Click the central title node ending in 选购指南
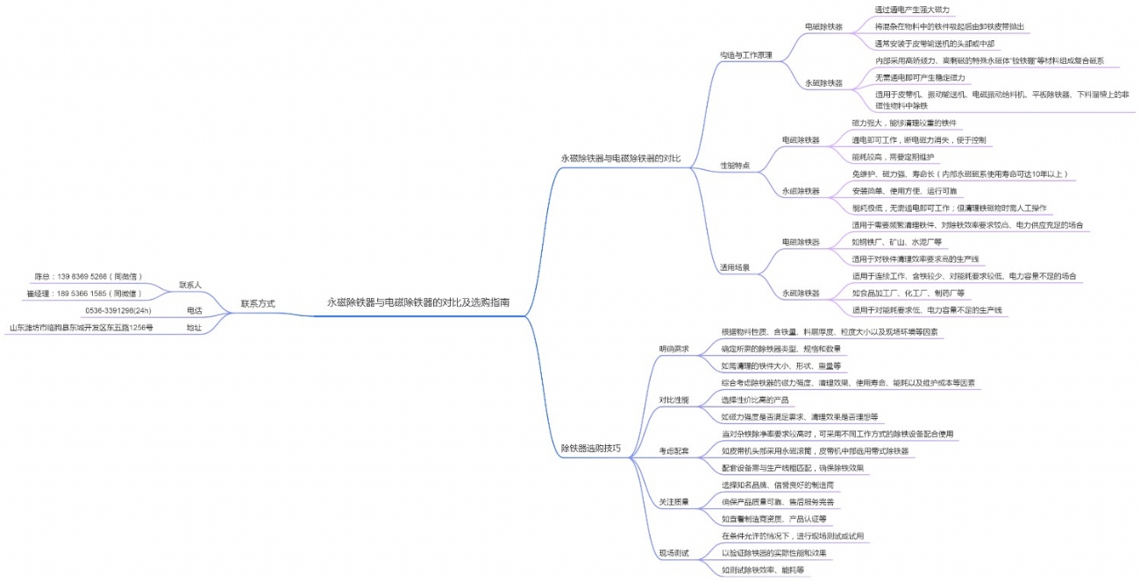coord(418,302)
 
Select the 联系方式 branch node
coord(258,303)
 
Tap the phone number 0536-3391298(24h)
coord(118,310)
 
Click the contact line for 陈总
coord(89,276)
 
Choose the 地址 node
coord(194,328)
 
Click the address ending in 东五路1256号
coord(82,328)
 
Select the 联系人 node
coord(190,285)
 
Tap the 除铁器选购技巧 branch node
coord(591,448)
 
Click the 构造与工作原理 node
coord(745,54)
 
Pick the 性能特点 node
coord(735,165)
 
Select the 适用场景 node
coord(735,267)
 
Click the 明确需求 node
coord(673,349)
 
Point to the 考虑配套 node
coord(673,450)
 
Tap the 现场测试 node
coord(673,553)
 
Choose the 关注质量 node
coord(673,502)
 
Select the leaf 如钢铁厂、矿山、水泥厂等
coord(896,242)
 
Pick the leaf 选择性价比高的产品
coord(755,400)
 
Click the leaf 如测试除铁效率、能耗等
coord(762,570)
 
